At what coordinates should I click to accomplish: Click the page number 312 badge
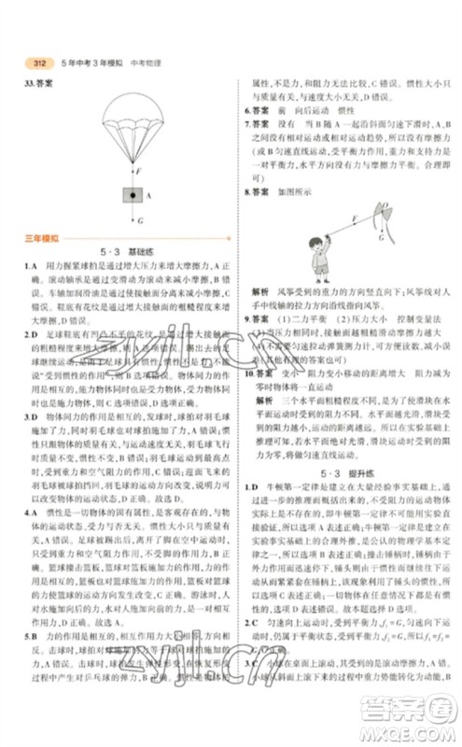pyautogui.click(x=38, y=64)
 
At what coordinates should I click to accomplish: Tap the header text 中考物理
pyautogui.click(x=147, y=64)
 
